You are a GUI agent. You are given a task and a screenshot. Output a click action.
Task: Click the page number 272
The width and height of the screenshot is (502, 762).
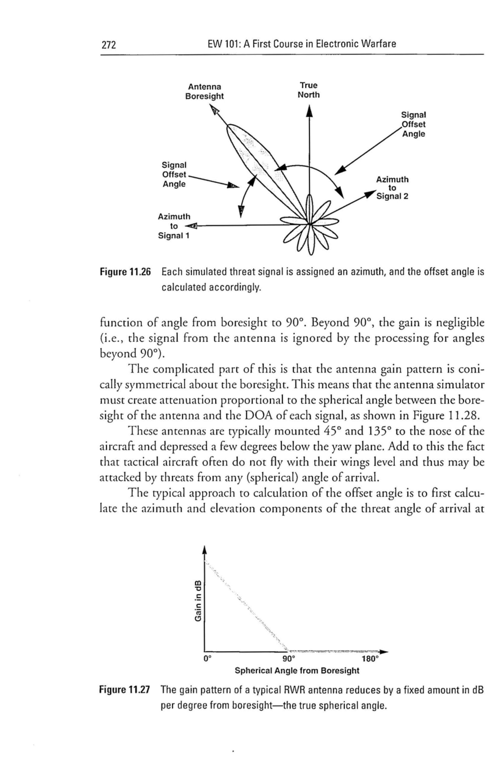tap(109, 45)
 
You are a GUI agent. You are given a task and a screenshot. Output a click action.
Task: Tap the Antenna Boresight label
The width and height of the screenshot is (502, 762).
tap(204, 92)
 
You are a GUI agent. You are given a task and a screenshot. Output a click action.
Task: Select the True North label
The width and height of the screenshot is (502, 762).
tap(308, 90)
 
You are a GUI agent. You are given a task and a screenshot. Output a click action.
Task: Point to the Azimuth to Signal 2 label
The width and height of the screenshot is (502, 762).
tap(392, 188)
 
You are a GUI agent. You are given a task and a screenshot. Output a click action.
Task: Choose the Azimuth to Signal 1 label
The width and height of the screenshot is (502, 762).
tap(174, 226)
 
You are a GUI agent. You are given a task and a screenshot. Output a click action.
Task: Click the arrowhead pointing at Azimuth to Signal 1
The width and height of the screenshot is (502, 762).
tap(192, 226)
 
